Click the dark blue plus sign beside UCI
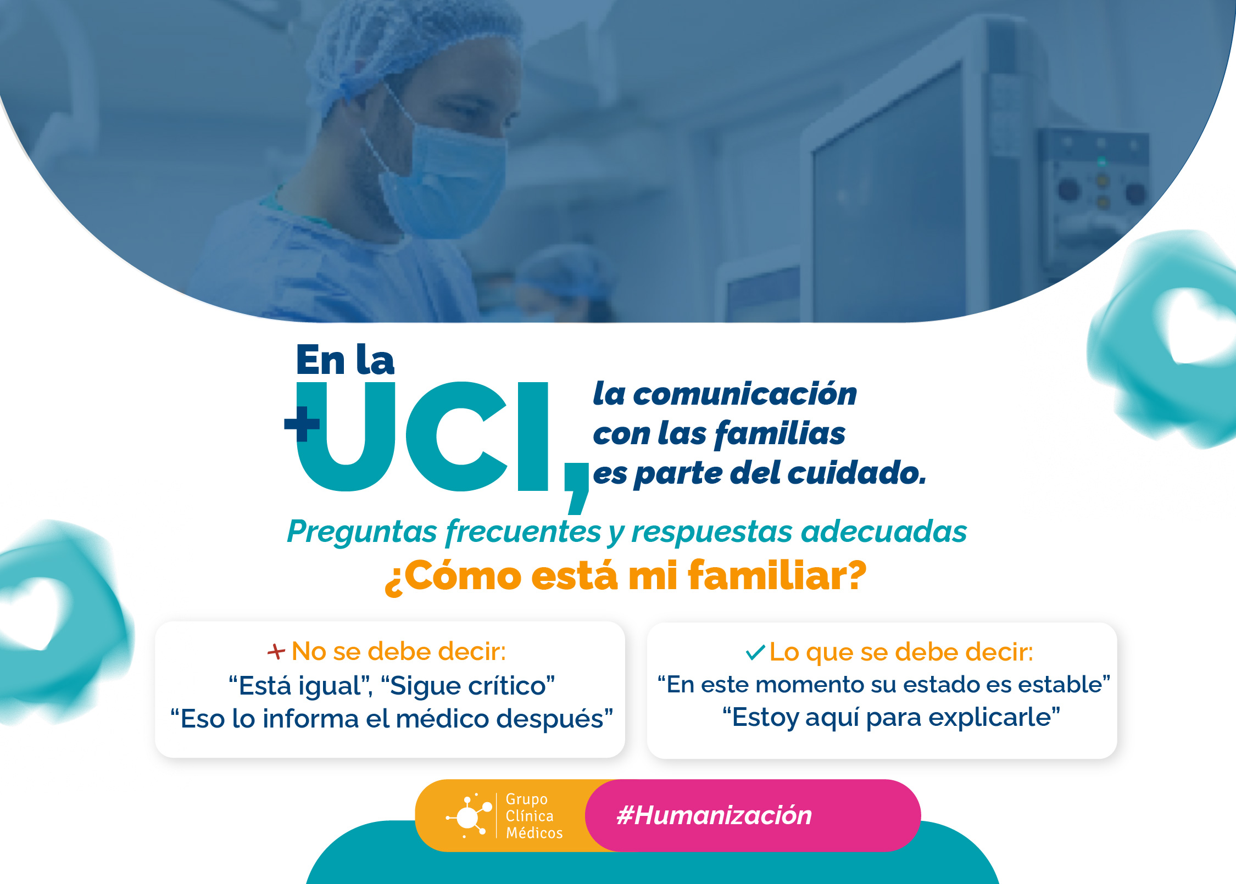pos(302,424)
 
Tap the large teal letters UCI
pos(422,437)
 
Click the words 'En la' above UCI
pos(345,360)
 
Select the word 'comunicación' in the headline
pos(744,394)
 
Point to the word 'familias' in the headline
pos(781,433)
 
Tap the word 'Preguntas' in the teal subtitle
pos(362,531)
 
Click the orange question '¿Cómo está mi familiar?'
pos(625,576)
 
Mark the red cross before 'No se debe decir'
pos(276,652)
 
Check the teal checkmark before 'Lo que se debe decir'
pos(755,652)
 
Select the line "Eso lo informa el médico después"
pos(391,719)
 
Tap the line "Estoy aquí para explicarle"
pos(891,717)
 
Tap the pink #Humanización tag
pos(714,815)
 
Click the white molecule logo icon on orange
pos(469,816)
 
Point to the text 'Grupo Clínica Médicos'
pos(533,816)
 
